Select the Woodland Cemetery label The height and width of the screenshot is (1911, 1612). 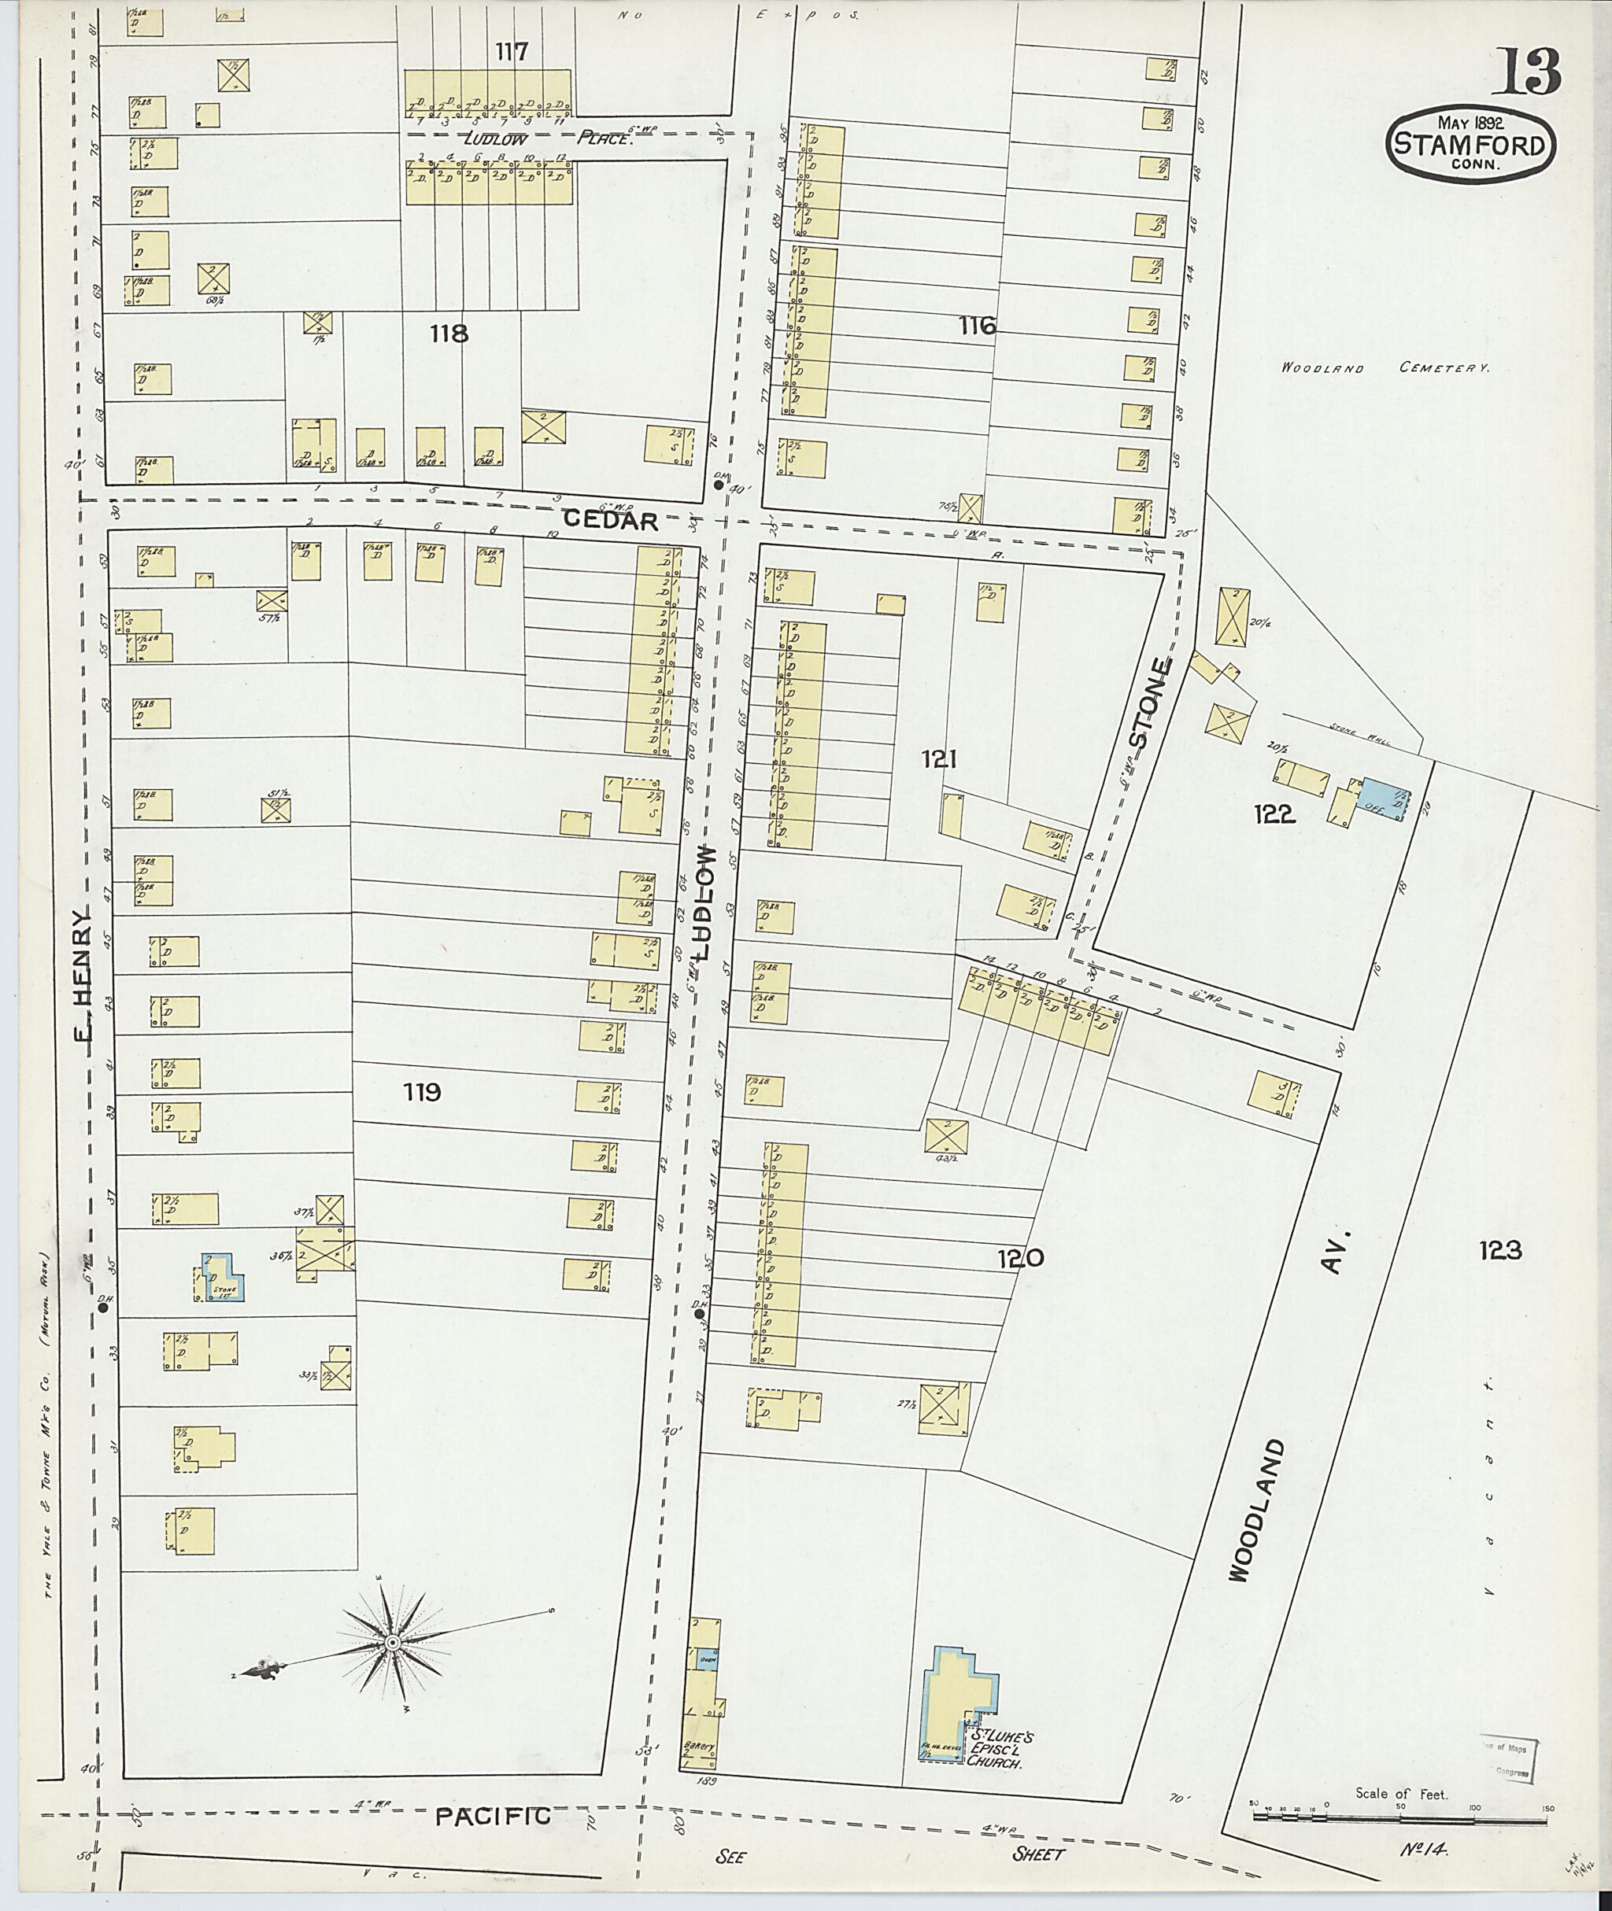(1385, 368)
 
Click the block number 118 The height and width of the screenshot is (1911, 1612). (449, 334)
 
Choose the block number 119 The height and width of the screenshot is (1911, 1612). (421, 1092)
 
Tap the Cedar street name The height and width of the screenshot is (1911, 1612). (611, 520)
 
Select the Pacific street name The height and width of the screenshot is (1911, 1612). (493, 1816)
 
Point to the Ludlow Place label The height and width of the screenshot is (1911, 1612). (547, 138)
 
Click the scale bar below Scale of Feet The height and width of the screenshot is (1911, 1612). (1397, 1818)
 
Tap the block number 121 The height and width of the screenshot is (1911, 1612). (938, 758)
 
